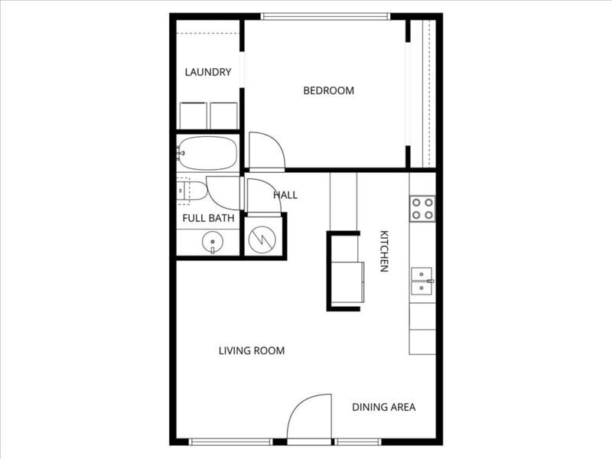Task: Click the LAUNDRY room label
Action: click(x=208, y=73)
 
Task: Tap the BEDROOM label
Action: click(x=329, y=90)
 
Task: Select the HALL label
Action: click(x=285, y=195)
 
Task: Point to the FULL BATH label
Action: click(x=208, y=218)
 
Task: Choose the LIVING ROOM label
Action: click(x=252, y=351)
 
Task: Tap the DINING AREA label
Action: click(x=384, y=407)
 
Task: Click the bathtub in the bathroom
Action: click(x=208, y=153)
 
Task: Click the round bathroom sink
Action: click(x=212, y=243)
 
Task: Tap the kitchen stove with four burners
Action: click(x=422, y=208)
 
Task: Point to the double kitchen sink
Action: click(x=422, y=281)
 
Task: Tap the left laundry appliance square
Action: click(x=193, y=116)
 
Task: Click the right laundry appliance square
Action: click(x=223, y=116)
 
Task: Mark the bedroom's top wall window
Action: click(x=325, y=16)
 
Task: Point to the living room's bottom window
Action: click(x=230, y=441)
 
